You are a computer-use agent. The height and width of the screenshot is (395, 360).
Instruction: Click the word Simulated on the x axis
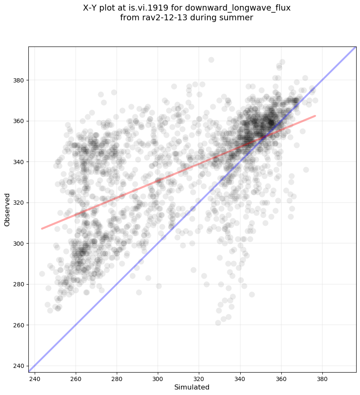pyautogui.click(x=192, y=387)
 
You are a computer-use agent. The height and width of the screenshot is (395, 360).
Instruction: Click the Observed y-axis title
pyautogui.click(x=7, y=210)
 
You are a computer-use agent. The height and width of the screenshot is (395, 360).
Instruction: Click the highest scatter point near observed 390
pyautogui.click(x=211, y=60)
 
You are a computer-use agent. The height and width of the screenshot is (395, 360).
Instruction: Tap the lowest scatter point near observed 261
pyautogui.click(x=218, y=323)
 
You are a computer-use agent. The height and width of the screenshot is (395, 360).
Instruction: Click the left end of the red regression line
pyautogui.click(x=41, y=229)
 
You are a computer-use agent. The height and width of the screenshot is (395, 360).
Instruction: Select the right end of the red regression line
pyautogui.click(x=315, y=115)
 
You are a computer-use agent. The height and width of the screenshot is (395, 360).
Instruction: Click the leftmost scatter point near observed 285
pyautogui.click(x=42, y=274)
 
